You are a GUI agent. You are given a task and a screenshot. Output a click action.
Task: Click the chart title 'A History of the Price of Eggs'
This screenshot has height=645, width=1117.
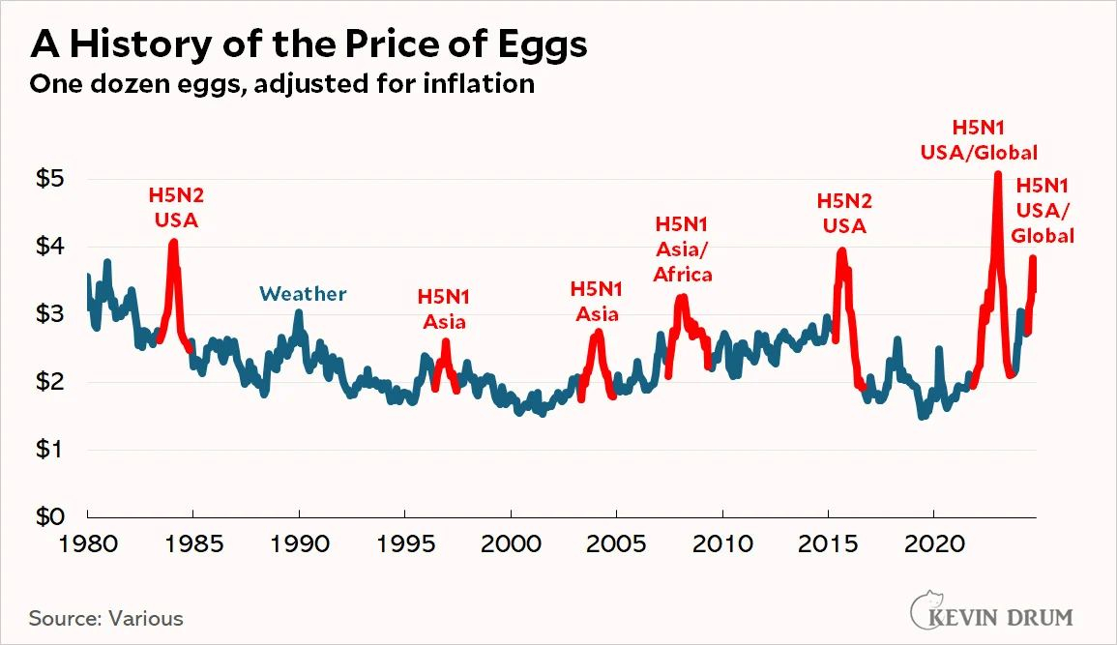pos(309,45)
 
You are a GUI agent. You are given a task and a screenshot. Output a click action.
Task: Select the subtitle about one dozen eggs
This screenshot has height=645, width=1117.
pos(281,84)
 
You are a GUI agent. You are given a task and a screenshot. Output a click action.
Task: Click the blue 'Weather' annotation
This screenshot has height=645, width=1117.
pos(303,294)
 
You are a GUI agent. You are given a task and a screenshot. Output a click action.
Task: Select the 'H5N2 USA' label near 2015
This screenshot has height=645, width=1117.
pos(844,214)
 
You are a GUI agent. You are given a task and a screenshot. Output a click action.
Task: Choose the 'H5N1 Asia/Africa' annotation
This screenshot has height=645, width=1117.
pos(683,250)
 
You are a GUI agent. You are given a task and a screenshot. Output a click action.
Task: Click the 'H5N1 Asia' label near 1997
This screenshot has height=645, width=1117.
pos(444,309)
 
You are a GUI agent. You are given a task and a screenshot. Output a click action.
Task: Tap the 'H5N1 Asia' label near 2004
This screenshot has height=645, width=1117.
pos(597,302)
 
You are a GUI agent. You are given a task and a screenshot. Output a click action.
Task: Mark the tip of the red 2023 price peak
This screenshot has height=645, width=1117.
pos(997,174)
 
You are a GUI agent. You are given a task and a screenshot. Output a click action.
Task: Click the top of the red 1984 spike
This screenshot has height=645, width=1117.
pos(173,242)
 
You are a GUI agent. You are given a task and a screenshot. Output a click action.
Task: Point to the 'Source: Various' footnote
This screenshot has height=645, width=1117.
pos(105,618)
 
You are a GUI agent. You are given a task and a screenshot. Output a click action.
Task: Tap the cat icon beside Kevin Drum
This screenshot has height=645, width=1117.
pos(925,607)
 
